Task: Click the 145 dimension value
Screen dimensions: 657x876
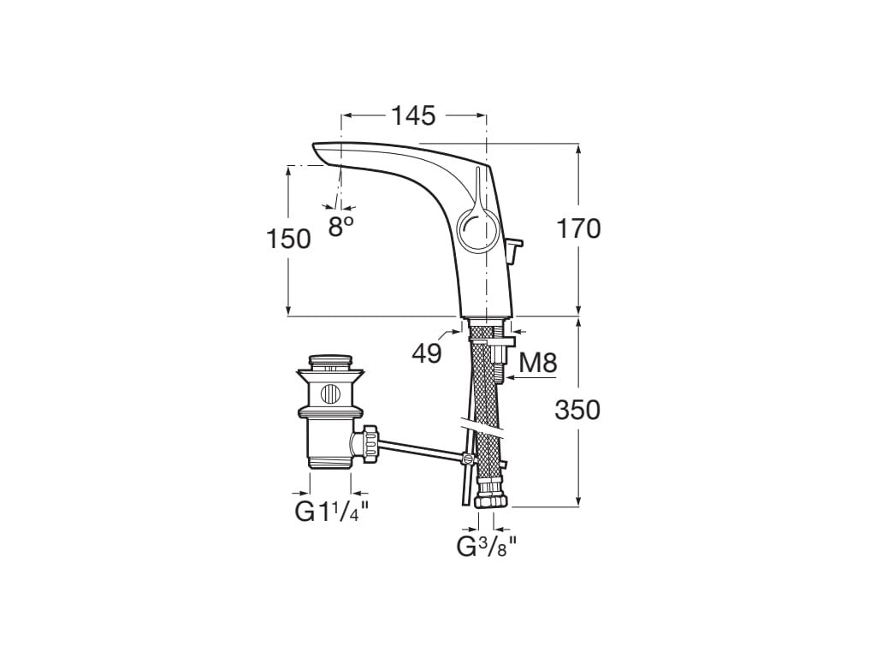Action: [414, 115]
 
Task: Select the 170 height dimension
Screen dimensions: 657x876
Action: [579, 228]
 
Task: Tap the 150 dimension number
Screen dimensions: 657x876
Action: [288, 239]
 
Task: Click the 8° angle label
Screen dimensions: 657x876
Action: [341, 226]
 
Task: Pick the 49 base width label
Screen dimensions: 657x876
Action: [425, 352]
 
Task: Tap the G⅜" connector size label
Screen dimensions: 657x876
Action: [486, 546]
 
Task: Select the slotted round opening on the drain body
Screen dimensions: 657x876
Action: [330, 395]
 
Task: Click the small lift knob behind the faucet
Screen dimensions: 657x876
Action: [513, 249]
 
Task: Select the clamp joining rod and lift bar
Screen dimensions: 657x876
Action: [466, 459]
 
